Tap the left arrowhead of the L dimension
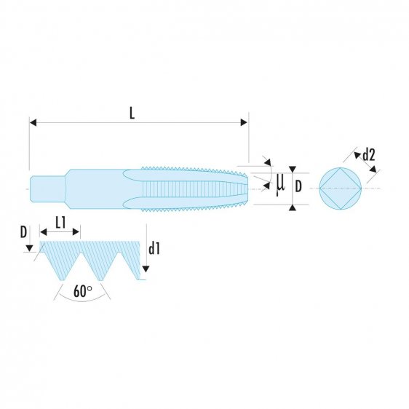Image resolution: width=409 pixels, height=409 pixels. click(x=33, y=122)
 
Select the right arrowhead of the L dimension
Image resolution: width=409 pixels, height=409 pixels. click(x=245, y=122)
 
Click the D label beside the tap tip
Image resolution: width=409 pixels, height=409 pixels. click(x=298, y=187)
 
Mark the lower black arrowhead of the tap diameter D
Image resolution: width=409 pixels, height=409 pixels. click(x=292, y=209)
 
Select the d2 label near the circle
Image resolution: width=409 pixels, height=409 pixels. click(x=368, y=154)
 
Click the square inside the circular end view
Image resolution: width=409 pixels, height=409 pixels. click(x=341, y=188)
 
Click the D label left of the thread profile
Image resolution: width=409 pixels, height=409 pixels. click(x=24, y=232)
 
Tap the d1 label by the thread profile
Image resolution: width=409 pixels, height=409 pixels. click(x=154, y=249)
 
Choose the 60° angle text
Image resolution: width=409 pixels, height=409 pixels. click(x=84, y=291)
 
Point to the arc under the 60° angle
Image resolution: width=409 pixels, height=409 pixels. click(x=83, y=301)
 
